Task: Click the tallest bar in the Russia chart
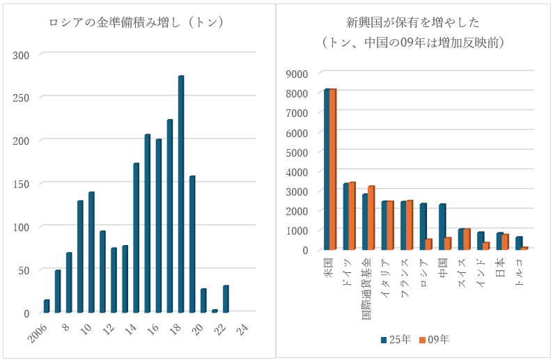[x=181, y=194]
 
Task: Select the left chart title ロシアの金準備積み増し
[x=137, y=22]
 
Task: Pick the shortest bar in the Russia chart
[x=215, y=311]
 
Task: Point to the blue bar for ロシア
[x=423, y=226]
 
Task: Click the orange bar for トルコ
[x=524, y=248]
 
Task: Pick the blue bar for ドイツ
[x=346, y=217]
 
